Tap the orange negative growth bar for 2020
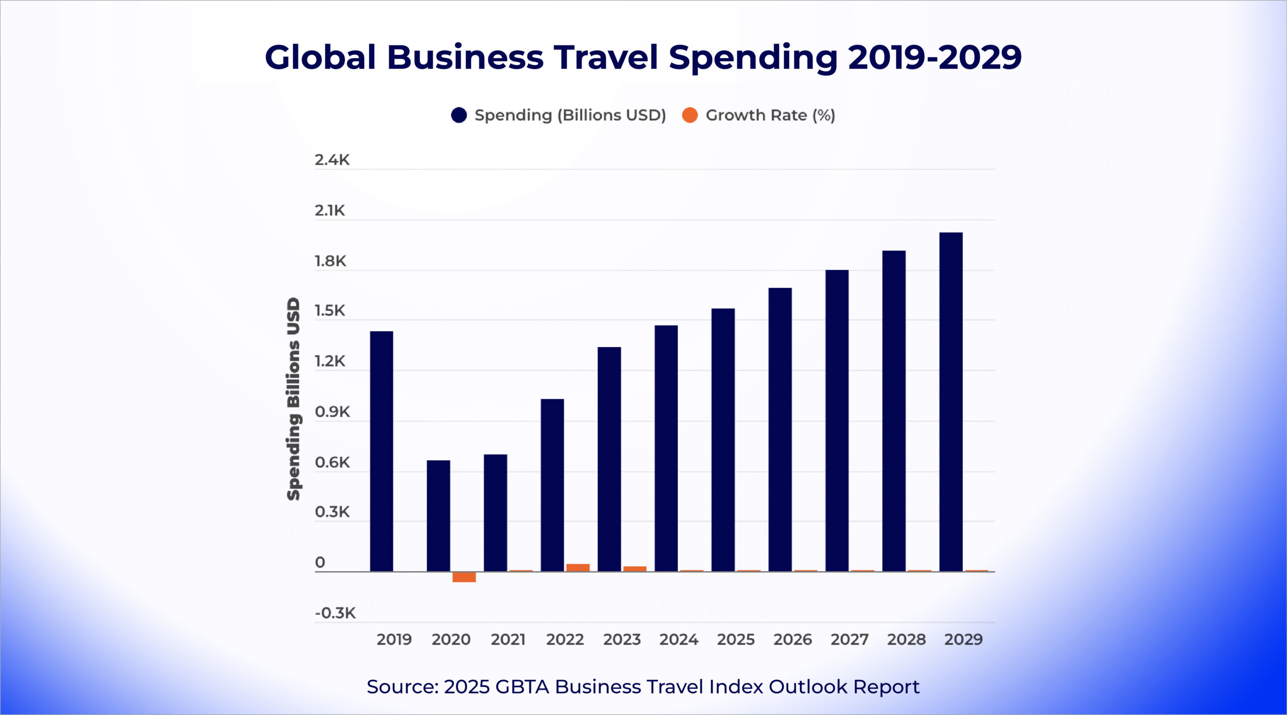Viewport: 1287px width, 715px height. tap(464, 577)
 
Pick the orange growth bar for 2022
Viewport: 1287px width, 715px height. tap(578, 567)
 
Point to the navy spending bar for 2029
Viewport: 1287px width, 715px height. tap(951, 402)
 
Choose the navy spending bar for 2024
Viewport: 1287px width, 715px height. tap(666, 448)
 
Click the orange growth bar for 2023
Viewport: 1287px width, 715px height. tap(634, 569)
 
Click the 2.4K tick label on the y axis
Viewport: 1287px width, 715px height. tap(332, 160)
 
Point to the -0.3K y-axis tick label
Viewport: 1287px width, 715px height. tap(335, 613)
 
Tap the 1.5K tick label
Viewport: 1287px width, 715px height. tap(330, 311)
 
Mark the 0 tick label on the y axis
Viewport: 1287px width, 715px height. tap(320, 562)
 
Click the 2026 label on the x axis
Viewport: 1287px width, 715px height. tap(792, 639)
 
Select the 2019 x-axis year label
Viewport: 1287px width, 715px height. tap(394, 639)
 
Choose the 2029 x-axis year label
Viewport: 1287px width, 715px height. tap(963, 639)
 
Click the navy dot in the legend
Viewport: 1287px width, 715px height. tap(458, 115)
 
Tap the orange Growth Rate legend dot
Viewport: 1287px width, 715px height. tap(690, 115)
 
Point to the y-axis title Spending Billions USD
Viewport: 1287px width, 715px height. tap(293, 399)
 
